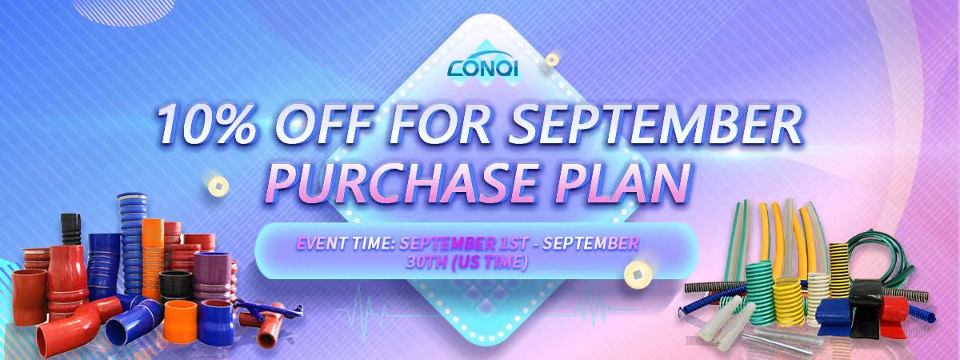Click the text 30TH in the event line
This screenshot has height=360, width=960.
tap(426, 262)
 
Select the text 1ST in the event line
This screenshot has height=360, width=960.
tap(514, 243)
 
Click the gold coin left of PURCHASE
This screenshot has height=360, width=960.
tap(218, 186)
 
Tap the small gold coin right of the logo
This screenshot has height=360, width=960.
tap(551, 59)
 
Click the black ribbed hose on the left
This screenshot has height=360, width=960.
tap(70, 230)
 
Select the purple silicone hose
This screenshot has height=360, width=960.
tap(212, 277)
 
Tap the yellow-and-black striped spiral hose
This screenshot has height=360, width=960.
tap(838, 270)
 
